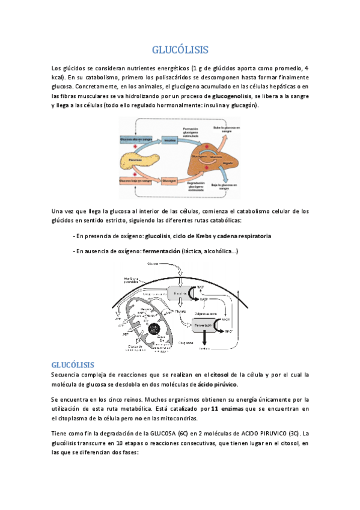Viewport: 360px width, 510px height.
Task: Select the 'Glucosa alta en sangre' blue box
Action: [x=134, y=139]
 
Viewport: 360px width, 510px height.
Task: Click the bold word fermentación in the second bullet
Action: [x=161, y=251]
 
